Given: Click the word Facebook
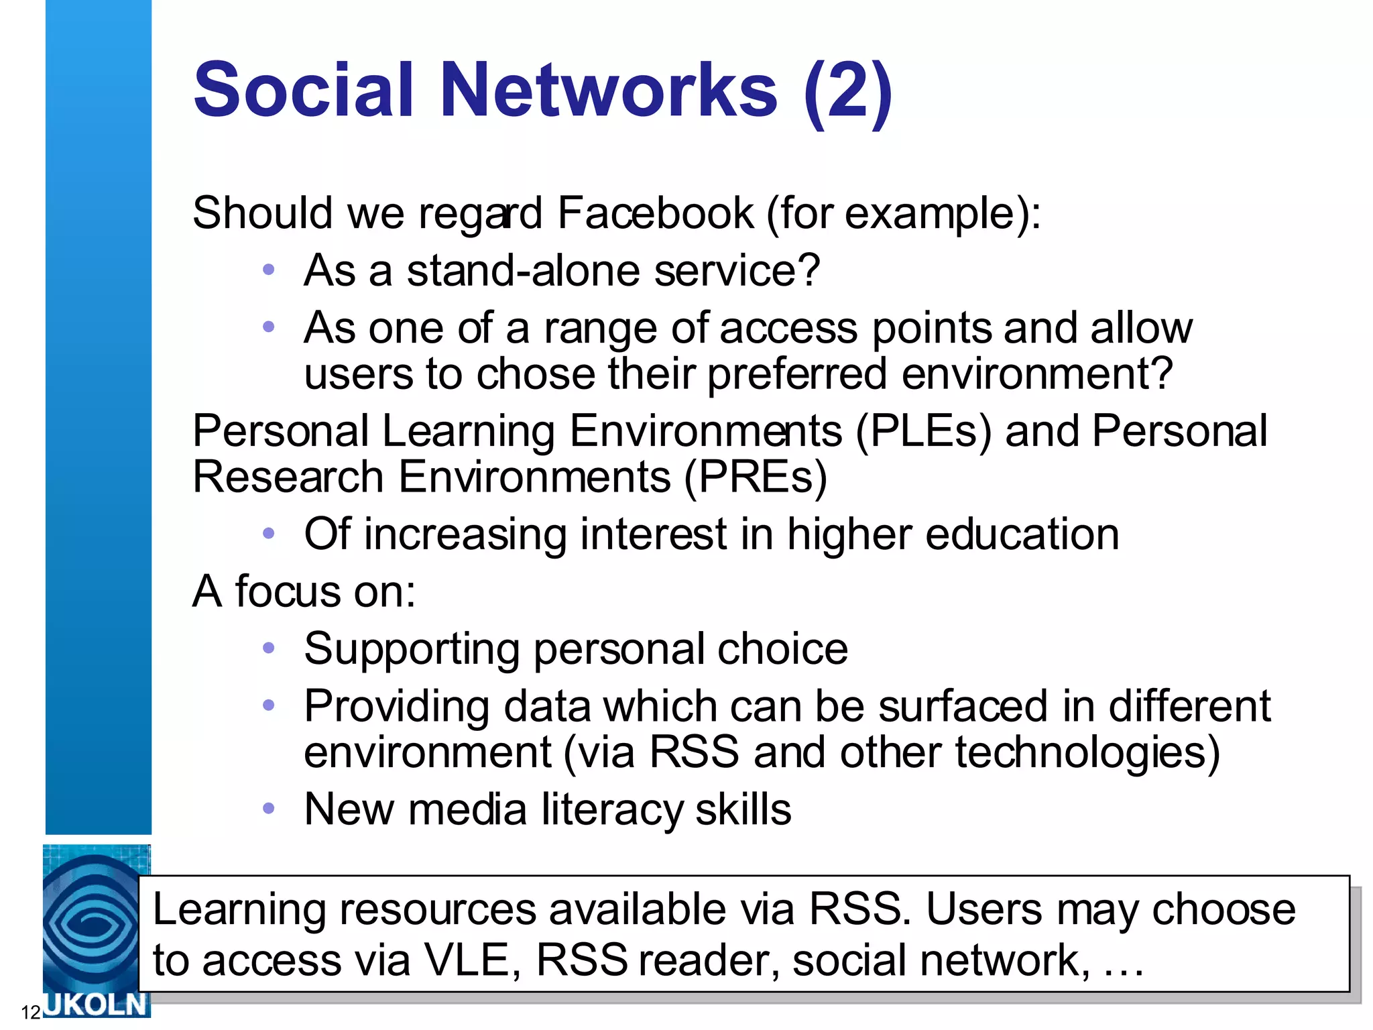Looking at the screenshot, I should click(x=656, y=214).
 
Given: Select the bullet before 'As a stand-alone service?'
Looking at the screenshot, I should click(x=269, y=270).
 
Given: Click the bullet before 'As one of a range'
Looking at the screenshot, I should click(x=269, y=327).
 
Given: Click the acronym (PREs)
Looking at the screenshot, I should click(x=756, y=477).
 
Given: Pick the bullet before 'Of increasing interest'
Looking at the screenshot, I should click(x=269, y=534).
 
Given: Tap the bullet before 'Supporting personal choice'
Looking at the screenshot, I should click(x=269, y=648).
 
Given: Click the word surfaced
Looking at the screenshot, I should click(x=963, y=707).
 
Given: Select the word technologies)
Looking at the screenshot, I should click(x=1087, y=753).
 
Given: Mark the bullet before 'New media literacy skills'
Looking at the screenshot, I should click(x=269, y=809).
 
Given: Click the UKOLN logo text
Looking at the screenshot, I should click(x=95, y=1005).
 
